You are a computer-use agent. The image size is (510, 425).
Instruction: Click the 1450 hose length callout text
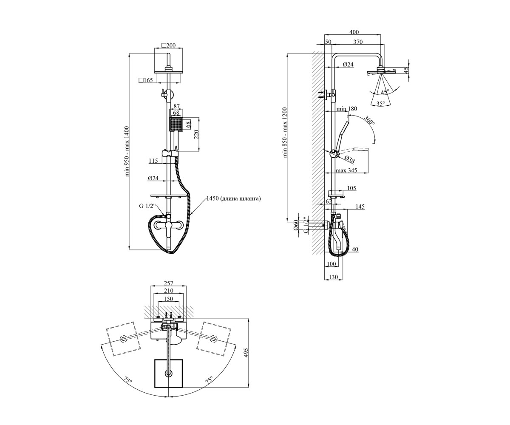pos(233,198)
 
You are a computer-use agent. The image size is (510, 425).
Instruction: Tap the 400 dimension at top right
pos(354,32)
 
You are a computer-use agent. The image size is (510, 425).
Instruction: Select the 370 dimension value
pos(358,42)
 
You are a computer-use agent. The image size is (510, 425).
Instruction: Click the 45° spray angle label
pos(385,92)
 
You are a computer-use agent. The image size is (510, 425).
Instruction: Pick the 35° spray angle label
pos(380,104)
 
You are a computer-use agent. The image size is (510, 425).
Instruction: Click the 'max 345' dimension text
pos(347,170)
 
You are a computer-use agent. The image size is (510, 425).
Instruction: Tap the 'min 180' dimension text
pos(347,109)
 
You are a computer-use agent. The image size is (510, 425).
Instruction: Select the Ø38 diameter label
pos(350,159)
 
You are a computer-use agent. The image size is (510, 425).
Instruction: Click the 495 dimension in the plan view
pos(246,353)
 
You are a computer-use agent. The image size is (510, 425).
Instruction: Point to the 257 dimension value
pos(169,283)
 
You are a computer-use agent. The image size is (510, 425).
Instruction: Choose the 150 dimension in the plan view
pos(169,299)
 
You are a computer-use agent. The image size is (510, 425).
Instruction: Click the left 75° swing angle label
pos(128,380)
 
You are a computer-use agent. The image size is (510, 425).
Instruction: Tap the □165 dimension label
pos(146,80)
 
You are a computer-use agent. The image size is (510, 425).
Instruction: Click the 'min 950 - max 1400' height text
pos(127,151)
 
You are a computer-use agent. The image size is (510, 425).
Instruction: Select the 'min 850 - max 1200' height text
pos(285,132)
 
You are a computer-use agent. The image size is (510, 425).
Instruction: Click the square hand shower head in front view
pos(176,125)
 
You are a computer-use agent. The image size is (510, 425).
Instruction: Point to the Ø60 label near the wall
pos(295,225)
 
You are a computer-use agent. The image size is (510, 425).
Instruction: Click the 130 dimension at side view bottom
pos(333,277)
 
